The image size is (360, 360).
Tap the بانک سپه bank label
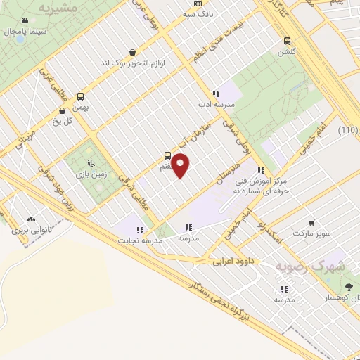[x=196, y=13]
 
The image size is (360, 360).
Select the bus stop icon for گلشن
[x=286, y=41]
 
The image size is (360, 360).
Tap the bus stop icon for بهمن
[x=80, y=97]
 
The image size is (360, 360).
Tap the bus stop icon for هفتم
[x=167, y=155]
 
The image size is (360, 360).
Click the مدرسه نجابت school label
[x=143, y=240]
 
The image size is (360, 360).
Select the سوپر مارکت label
[x=311, y=231]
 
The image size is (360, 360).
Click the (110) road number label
[x=347, y=131]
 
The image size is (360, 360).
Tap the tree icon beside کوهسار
[x=349, y=286]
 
